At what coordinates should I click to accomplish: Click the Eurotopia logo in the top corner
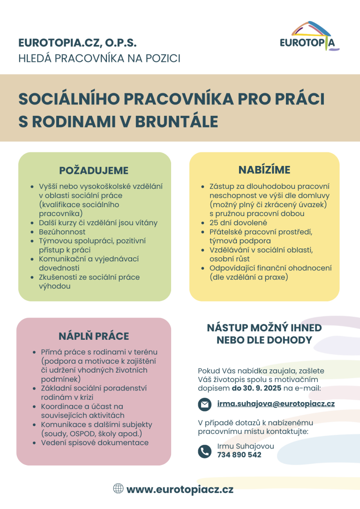pos(309,36)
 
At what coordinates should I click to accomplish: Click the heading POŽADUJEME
pos(94,171)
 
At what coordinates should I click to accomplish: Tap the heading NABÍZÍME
pos(264,170)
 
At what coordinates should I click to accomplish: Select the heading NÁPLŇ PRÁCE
pos(94,336)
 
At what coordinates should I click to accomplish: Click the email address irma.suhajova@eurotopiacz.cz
pos(276,404)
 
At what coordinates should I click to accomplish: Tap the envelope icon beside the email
pos(204,404)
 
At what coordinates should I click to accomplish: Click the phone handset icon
pos(204,451)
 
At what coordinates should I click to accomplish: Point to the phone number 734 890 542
pos(239,455)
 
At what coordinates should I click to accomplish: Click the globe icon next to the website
pos(119,489)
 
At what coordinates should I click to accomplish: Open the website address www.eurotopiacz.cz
pos(180,490)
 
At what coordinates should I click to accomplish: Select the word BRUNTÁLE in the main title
pos(177,122)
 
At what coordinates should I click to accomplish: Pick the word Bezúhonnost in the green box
pos(62,232)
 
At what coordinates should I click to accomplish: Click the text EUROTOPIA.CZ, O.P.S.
pos(78,43)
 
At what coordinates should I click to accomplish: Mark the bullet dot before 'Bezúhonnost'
pos(32,232)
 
